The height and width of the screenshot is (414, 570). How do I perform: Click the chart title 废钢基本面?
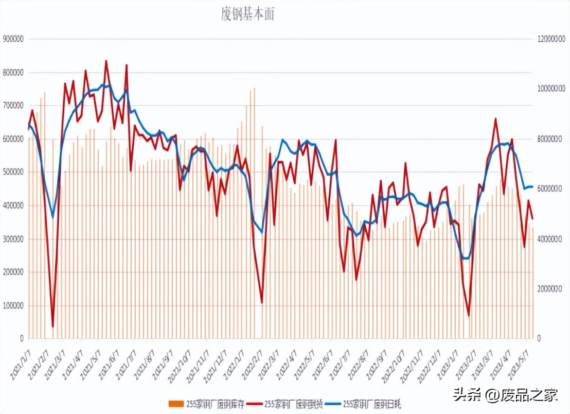tap(248, 15)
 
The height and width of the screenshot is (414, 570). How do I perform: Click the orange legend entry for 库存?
tap(208, 403)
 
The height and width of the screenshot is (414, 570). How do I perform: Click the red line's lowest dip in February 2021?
tap(52, 326)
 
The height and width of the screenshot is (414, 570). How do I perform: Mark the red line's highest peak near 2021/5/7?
tap(106, 61)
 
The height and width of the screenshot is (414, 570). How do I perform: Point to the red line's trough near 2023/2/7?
tap(469, 315)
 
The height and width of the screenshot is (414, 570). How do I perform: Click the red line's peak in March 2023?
tap(495, 119)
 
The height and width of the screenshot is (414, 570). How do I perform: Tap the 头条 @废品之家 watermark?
tap(506, 395)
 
